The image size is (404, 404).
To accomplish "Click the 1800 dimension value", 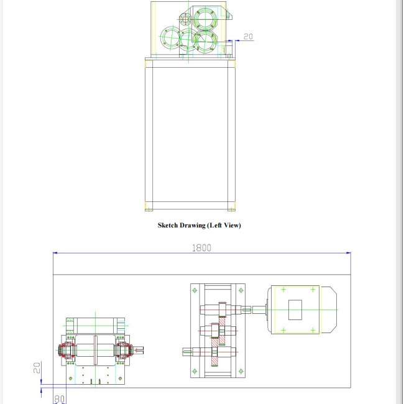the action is (x=201, y=248).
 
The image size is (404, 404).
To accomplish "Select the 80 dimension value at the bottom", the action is (x=60, y=399).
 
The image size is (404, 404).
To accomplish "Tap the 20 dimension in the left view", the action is (x=248, y=37).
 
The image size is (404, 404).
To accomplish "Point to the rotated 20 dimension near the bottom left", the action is (x=37, y=368).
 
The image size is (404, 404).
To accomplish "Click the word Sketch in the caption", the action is (x=168, y=226).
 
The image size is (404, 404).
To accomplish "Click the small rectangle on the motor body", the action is (x=295, y=310).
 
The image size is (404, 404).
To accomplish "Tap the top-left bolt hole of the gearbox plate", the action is (x=195, y=290).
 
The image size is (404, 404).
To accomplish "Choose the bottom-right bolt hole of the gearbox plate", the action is (x=241, y=371).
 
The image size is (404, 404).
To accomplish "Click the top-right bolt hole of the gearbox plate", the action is (x=241, y=290).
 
